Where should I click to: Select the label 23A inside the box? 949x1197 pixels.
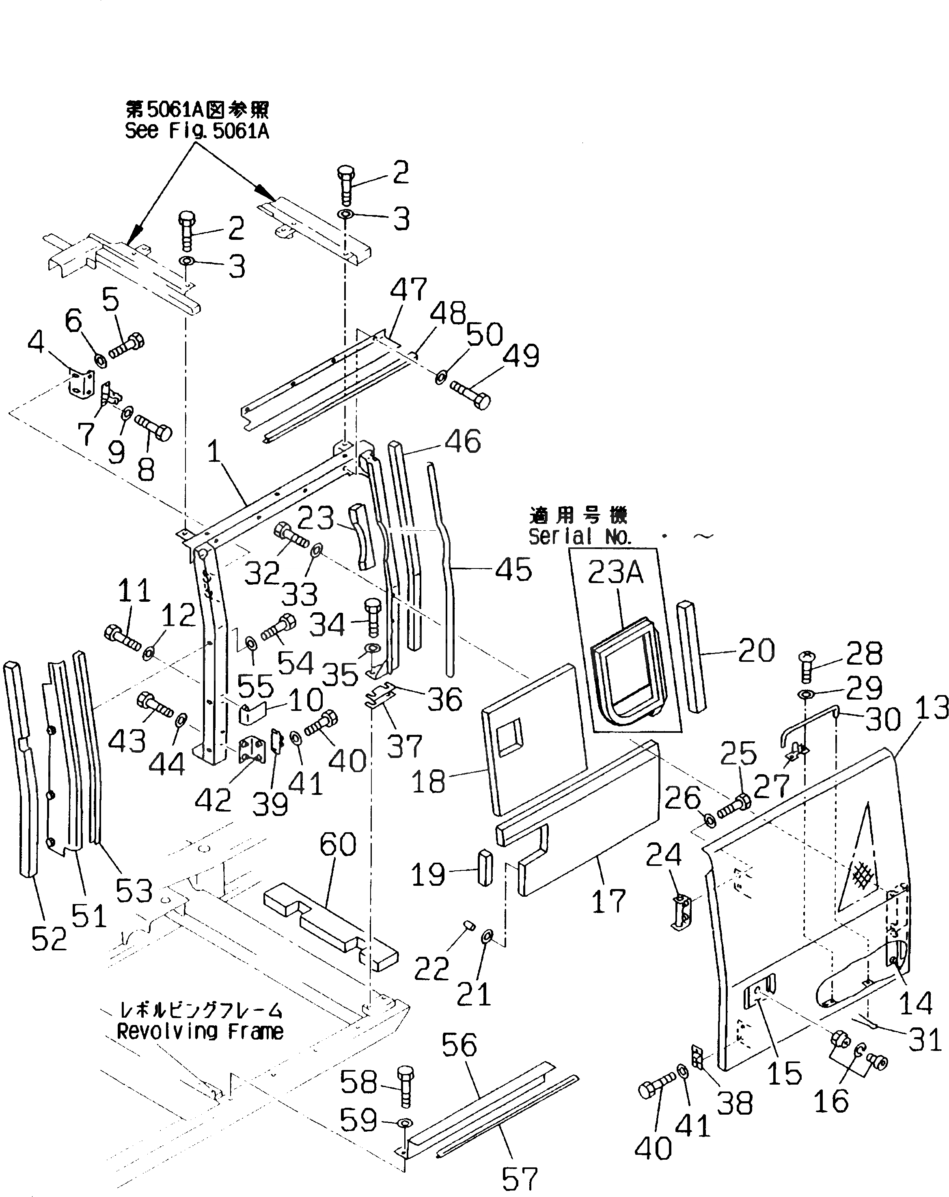[x=615, y=572]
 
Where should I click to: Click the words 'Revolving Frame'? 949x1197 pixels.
[x=200, y=1031]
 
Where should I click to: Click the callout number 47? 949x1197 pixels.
[x=408, y=290]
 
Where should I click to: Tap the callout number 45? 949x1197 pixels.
[x=513, y=570]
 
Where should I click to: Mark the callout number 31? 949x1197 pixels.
[x=925, y=1039]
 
